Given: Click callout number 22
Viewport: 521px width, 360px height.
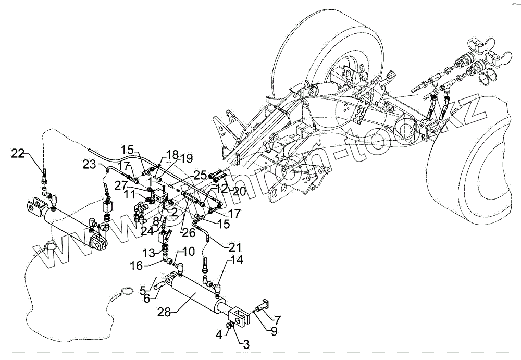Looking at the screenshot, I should pyautogui.click(x=18, y=153).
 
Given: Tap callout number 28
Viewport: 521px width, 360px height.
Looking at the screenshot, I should pyautogui.click(x=164, y=312).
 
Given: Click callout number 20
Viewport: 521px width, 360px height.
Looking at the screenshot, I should pyautogui.click(x=239, y=191).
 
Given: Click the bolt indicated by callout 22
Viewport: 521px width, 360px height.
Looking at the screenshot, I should pyautogui.click(x=44, y=175).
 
